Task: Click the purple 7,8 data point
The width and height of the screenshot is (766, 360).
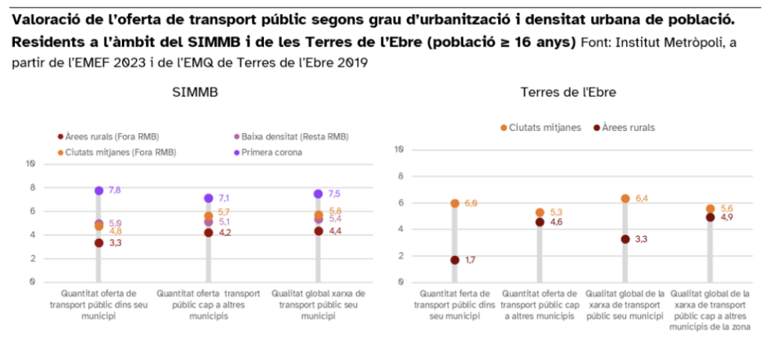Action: pyautogui.click(x=99, y=191)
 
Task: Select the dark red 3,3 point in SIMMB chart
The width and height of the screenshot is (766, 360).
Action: pyautogui.click(x=99, y=242)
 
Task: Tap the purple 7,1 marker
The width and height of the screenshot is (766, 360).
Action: pyautogui.click(x=209, y=198)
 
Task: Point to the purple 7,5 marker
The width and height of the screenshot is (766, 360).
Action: pyautogui.click(x=318, y=194)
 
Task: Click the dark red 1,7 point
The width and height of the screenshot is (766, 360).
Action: pyautogui.click(x=455, y=260)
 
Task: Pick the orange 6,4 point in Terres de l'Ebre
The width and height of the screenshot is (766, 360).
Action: pyautogui.click(x=625, y=198)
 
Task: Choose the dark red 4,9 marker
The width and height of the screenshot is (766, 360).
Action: pyautogui.click(x=711, y=217)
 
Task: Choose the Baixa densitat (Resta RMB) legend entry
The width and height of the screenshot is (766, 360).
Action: pyautogui.click(x=291, y=136)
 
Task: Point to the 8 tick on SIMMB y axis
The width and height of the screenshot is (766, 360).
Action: pyautogui.click(x=31, y=187)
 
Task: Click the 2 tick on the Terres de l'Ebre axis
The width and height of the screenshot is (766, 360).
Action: pyautogui.click(x=402, y=256)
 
